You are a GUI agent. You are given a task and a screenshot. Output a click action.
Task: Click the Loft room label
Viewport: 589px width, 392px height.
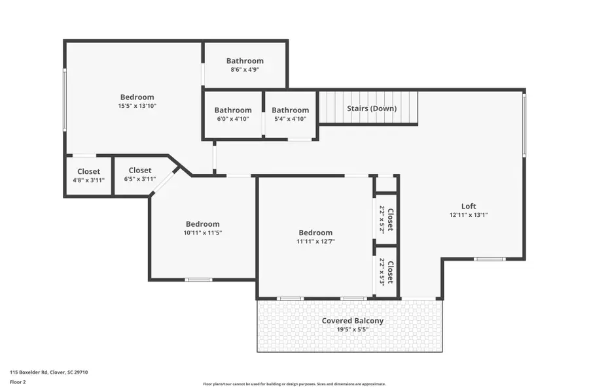469,206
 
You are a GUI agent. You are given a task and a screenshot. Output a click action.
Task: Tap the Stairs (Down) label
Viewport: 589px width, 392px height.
371,108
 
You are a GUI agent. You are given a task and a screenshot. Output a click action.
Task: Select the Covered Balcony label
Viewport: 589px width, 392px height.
352,321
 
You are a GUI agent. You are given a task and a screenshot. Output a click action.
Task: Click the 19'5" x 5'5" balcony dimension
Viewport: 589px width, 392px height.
352,330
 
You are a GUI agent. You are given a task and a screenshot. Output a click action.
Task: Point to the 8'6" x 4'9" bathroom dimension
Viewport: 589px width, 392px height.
245,69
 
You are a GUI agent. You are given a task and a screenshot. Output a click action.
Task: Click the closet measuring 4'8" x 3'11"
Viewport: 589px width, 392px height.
88,176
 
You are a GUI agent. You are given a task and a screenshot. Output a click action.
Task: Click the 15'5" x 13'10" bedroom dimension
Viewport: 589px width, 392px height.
137,106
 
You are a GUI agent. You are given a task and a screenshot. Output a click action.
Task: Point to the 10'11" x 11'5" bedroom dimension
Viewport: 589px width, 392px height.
202,233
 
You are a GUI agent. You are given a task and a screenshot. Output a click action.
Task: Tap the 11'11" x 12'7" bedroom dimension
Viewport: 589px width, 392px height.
315,241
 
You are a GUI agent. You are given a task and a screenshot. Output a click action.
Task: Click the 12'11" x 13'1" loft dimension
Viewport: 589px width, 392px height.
469,215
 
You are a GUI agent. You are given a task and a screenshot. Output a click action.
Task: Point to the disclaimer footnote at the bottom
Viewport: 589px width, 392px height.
294,384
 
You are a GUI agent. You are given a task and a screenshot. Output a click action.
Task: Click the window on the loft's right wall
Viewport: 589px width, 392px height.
524,124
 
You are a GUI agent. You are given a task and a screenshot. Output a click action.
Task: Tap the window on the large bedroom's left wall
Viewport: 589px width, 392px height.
64,98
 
